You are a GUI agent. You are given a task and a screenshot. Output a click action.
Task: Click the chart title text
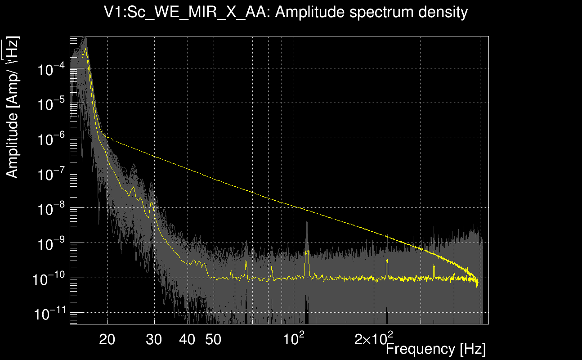point(286,12)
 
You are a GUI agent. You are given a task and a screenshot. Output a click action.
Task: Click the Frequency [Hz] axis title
point(435,349)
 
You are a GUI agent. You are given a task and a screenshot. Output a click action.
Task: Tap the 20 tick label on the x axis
point(107,340)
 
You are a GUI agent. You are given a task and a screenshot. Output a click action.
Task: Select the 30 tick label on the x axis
point(154,340)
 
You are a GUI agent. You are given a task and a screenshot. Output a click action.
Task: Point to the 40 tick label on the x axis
point(187,340)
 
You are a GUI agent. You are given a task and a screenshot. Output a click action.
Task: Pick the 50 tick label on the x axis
point(213,340)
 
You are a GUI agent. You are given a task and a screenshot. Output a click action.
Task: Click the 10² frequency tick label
point(295,338)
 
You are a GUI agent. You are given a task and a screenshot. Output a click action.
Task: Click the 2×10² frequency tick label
point(374,338)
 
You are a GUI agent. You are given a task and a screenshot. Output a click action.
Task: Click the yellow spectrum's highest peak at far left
point(85,48)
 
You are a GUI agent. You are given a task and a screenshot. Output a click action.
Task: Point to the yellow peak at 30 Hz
point(152,203)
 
